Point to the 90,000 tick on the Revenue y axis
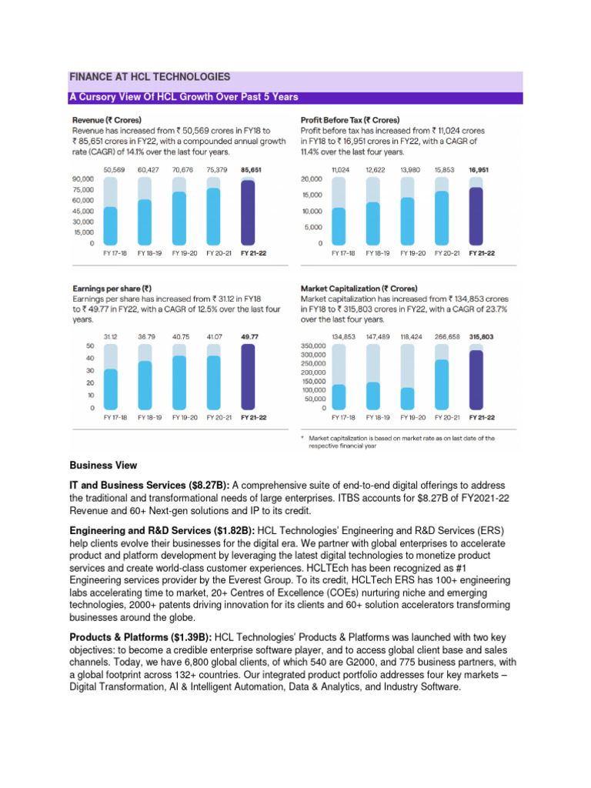82,179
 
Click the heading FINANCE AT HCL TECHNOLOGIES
150,78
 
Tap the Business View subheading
103,465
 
